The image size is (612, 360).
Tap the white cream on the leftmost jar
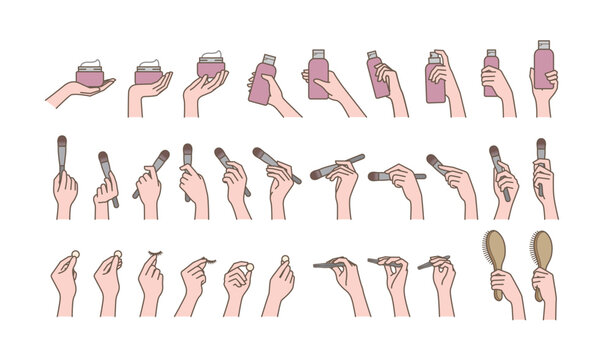tap(90, 64)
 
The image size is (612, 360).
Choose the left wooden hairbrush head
tap(496, 251)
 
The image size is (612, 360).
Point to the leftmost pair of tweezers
tap(333, 264)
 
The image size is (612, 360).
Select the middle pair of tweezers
tap(385, 263)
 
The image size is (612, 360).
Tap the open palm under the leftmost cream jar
tap(75, 94)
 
